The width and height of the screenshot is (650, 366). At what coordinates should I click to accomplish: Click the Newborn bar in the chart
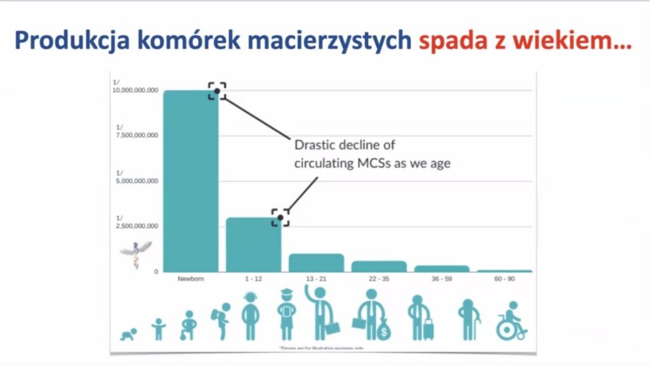point(190,181)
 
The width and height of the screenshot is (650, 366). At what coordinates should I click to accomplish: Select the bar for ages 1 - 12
point(253,245)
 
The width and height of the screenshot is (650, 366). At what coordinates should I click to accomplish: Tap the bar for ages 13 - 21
point(316,263)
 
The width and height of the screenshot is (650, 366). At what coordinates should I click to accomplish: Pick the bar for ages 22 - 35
point(379,266)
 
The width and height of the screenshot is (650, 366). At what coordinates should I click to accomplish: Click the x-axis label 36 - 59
point(442,279)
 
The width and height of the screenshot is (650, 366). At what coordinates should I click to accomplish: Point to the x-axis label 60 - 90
point(505,279)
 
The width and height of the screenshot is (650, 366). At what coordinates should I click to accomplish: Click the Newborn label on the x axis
point(190,279)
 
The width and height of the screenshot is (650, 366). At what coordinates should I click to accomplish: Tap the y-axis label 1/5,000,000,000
point(135,177)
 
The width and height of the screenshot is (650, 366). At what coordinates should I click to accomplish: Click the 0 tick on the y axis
point(155,272)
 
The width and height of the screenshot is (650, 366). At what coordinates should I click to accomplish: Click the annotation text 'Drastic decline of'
point(345,145)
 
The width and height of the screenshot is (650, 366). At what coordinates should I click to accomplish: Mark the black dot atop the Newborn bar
point(217,91)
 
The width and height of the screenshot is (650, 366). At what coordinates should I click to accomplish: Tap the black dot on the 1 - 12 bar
point(280,218)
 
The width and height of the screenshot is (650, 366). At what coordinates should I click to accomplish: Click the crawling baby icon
point(129,334)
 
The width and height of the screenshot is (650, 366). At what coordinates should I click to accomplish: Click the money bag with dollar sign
point(383,329)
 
